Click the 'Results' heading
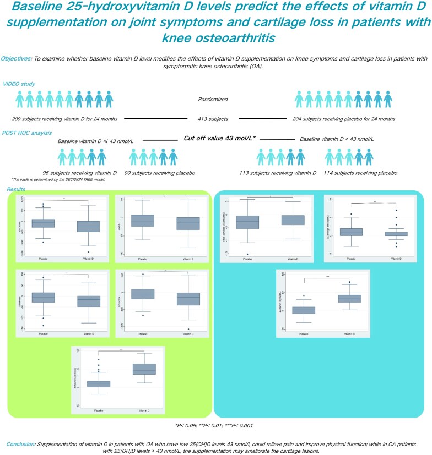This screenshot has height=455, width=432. pyautogui.click(x=17, y=189)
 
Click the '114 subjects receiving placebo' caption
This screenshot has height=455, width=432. pyautogui.click(x=360, y=173)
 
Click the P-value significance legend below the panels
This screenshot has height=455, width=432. pyautogui.click(x=215, y=409)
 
